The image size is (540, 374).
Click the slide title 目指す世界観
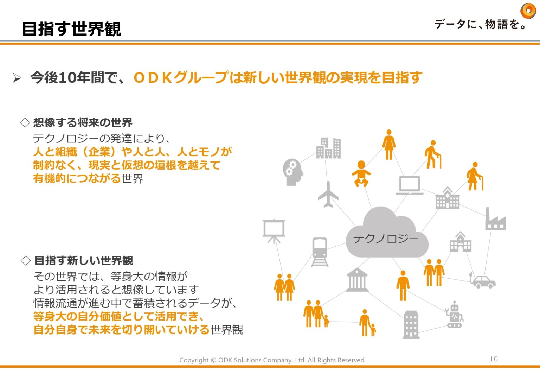point(71,29)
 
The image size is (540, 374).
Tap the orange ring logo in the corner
point(528,11)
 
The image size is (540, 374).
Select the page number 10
point(494,359)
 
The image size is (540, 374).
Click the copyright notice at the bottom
point(272,360)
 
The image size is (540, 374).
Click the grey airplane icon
point(328,195)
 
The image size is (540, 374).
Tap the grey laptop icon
point(410,185)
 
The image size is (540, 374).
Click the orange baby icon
point(361,173)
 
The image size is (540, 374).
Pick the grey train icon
point(320,252)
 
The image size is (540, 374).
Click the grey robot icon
point(455,315)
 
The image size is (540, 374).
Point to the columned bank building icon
point(357,280)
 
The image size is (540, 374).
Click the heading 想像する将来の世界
point(83,122)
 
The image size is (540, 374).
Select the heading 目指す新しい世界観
point(84,261)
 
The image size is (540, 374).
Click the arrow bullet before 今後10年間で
point(17,78)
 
